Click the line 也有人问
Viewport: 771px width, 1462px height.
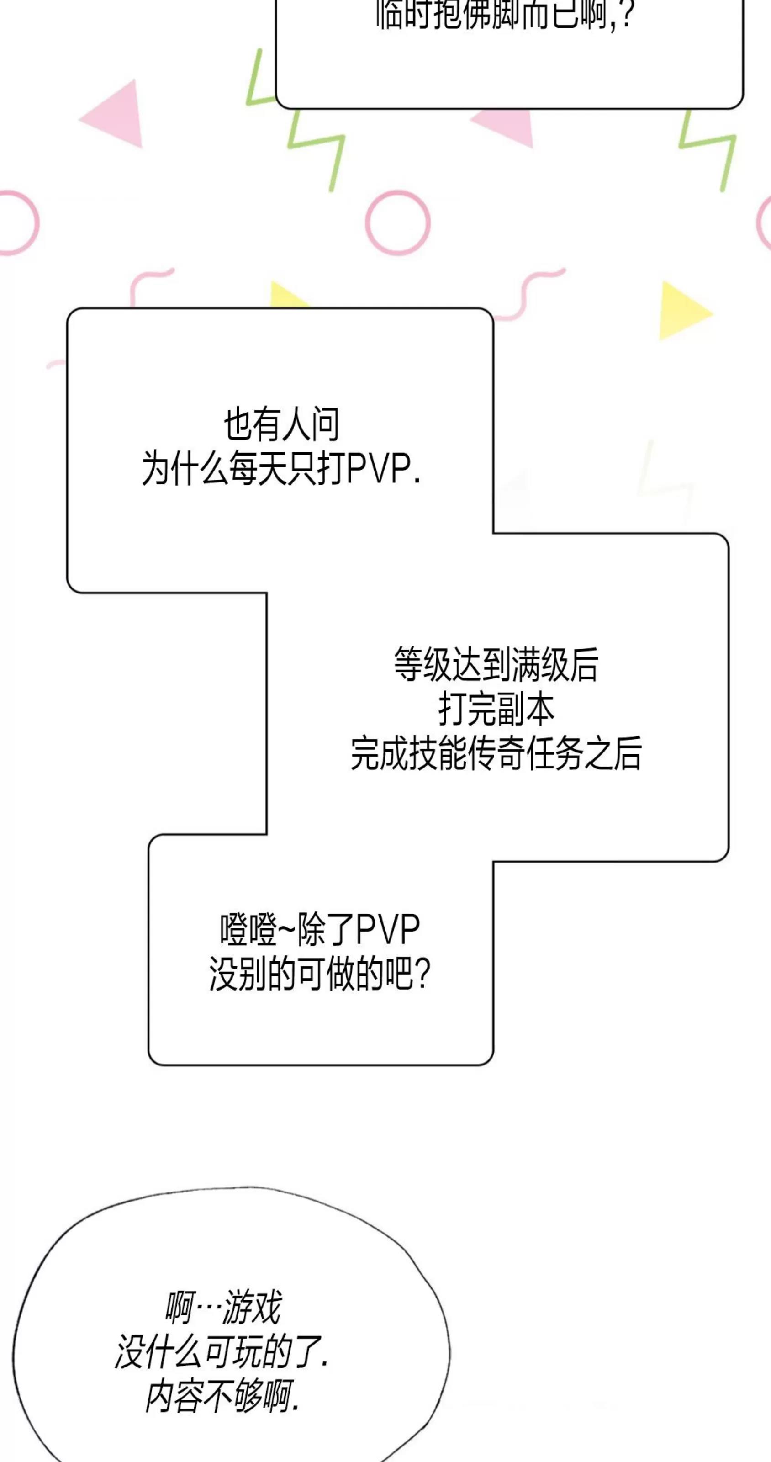point(281,424)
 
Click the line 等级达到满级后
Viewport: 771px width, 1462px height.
point(496,665)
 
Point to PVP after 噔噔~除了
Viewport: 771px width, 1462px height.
point(388,930)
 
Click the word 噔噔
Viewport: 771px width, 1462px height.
point(248,930)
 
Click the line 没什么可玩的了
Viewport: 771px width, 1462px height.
point(221,1352)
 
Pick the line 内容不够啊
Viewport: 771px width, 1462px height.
point(221,1397)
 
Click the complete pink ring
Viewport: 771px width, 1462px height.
point(398,222)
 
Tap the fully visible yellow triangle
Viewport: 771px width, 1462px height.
point(682,311)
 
